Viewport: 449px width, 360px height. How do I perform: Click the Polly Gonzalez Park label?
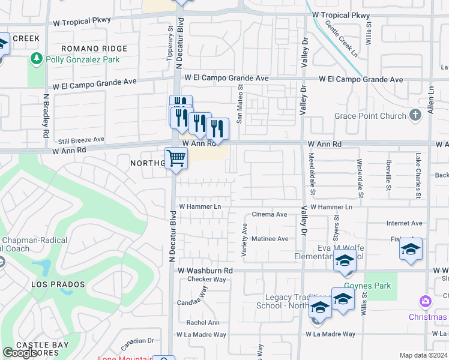[x=81, y=59]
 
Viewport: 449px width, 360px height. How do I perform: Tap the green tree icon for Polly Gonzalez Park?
[x=36, y=59]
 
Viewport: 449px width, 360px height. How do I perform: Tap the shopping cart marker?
[x=176, y=159]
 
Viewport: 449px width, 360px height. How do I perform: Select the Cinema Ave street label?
[x=270, y=214]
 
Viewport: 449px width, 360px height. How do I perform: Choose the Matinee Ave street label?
[x=270, y=238]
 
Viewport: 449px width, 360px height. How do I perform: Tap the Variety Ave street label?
[x=245, y=241]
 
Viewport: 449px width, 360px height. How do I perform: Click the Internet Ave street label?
[x=404, y=223]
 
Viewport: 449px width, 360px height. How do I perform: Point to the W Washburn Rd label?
[x=205, y=271]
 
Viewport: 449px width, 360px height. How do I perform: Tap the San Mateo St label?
[x=240, y=104]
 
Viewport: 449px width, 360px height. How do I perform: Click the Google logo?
[x=20, y=353]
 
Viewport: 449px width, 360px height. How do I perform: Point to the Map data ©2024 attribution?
[x=424, y=355]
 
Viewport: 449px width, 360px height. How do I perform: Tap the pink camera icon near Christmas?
[x=426, y=301]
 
